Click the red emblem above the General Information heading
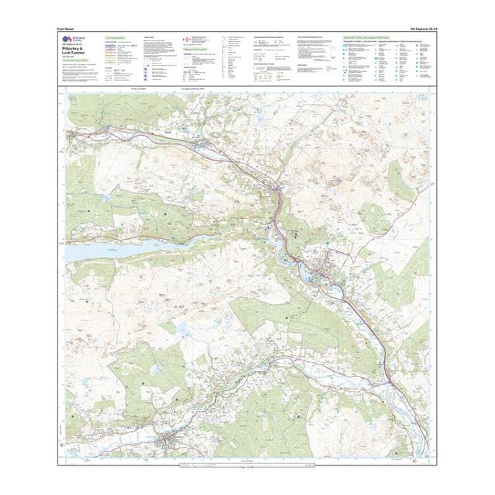click(x=183, y=38)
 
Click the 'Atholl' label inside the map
click(x=167, y=132)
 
